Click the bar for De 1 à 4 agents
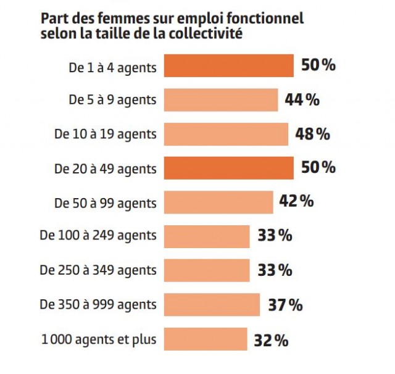tap(228, 66)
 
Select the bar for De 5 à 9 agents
tap(220, 100)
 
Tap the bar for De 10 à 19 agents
tap(226, 134)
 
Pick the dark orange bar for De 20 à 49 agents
tap(228, 168)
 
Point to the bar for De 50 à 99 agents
tap(218, 202)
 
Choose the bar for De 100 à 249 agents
tap(207, 236)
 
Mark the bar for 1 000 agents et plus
tap(206, 339)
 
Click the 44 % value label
tap(302, 99)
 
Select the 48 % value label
tap(313, 133)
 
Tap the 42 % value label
tap(297, 201)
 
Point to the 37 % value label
tap(285, 305)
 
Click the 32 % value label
tap(271, 339)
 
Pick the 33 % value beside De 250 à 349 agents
tap(274, 270)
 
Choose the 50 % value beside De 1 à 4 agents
tap(318, 65)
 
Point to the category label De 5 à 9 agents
tap(112, 100)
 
